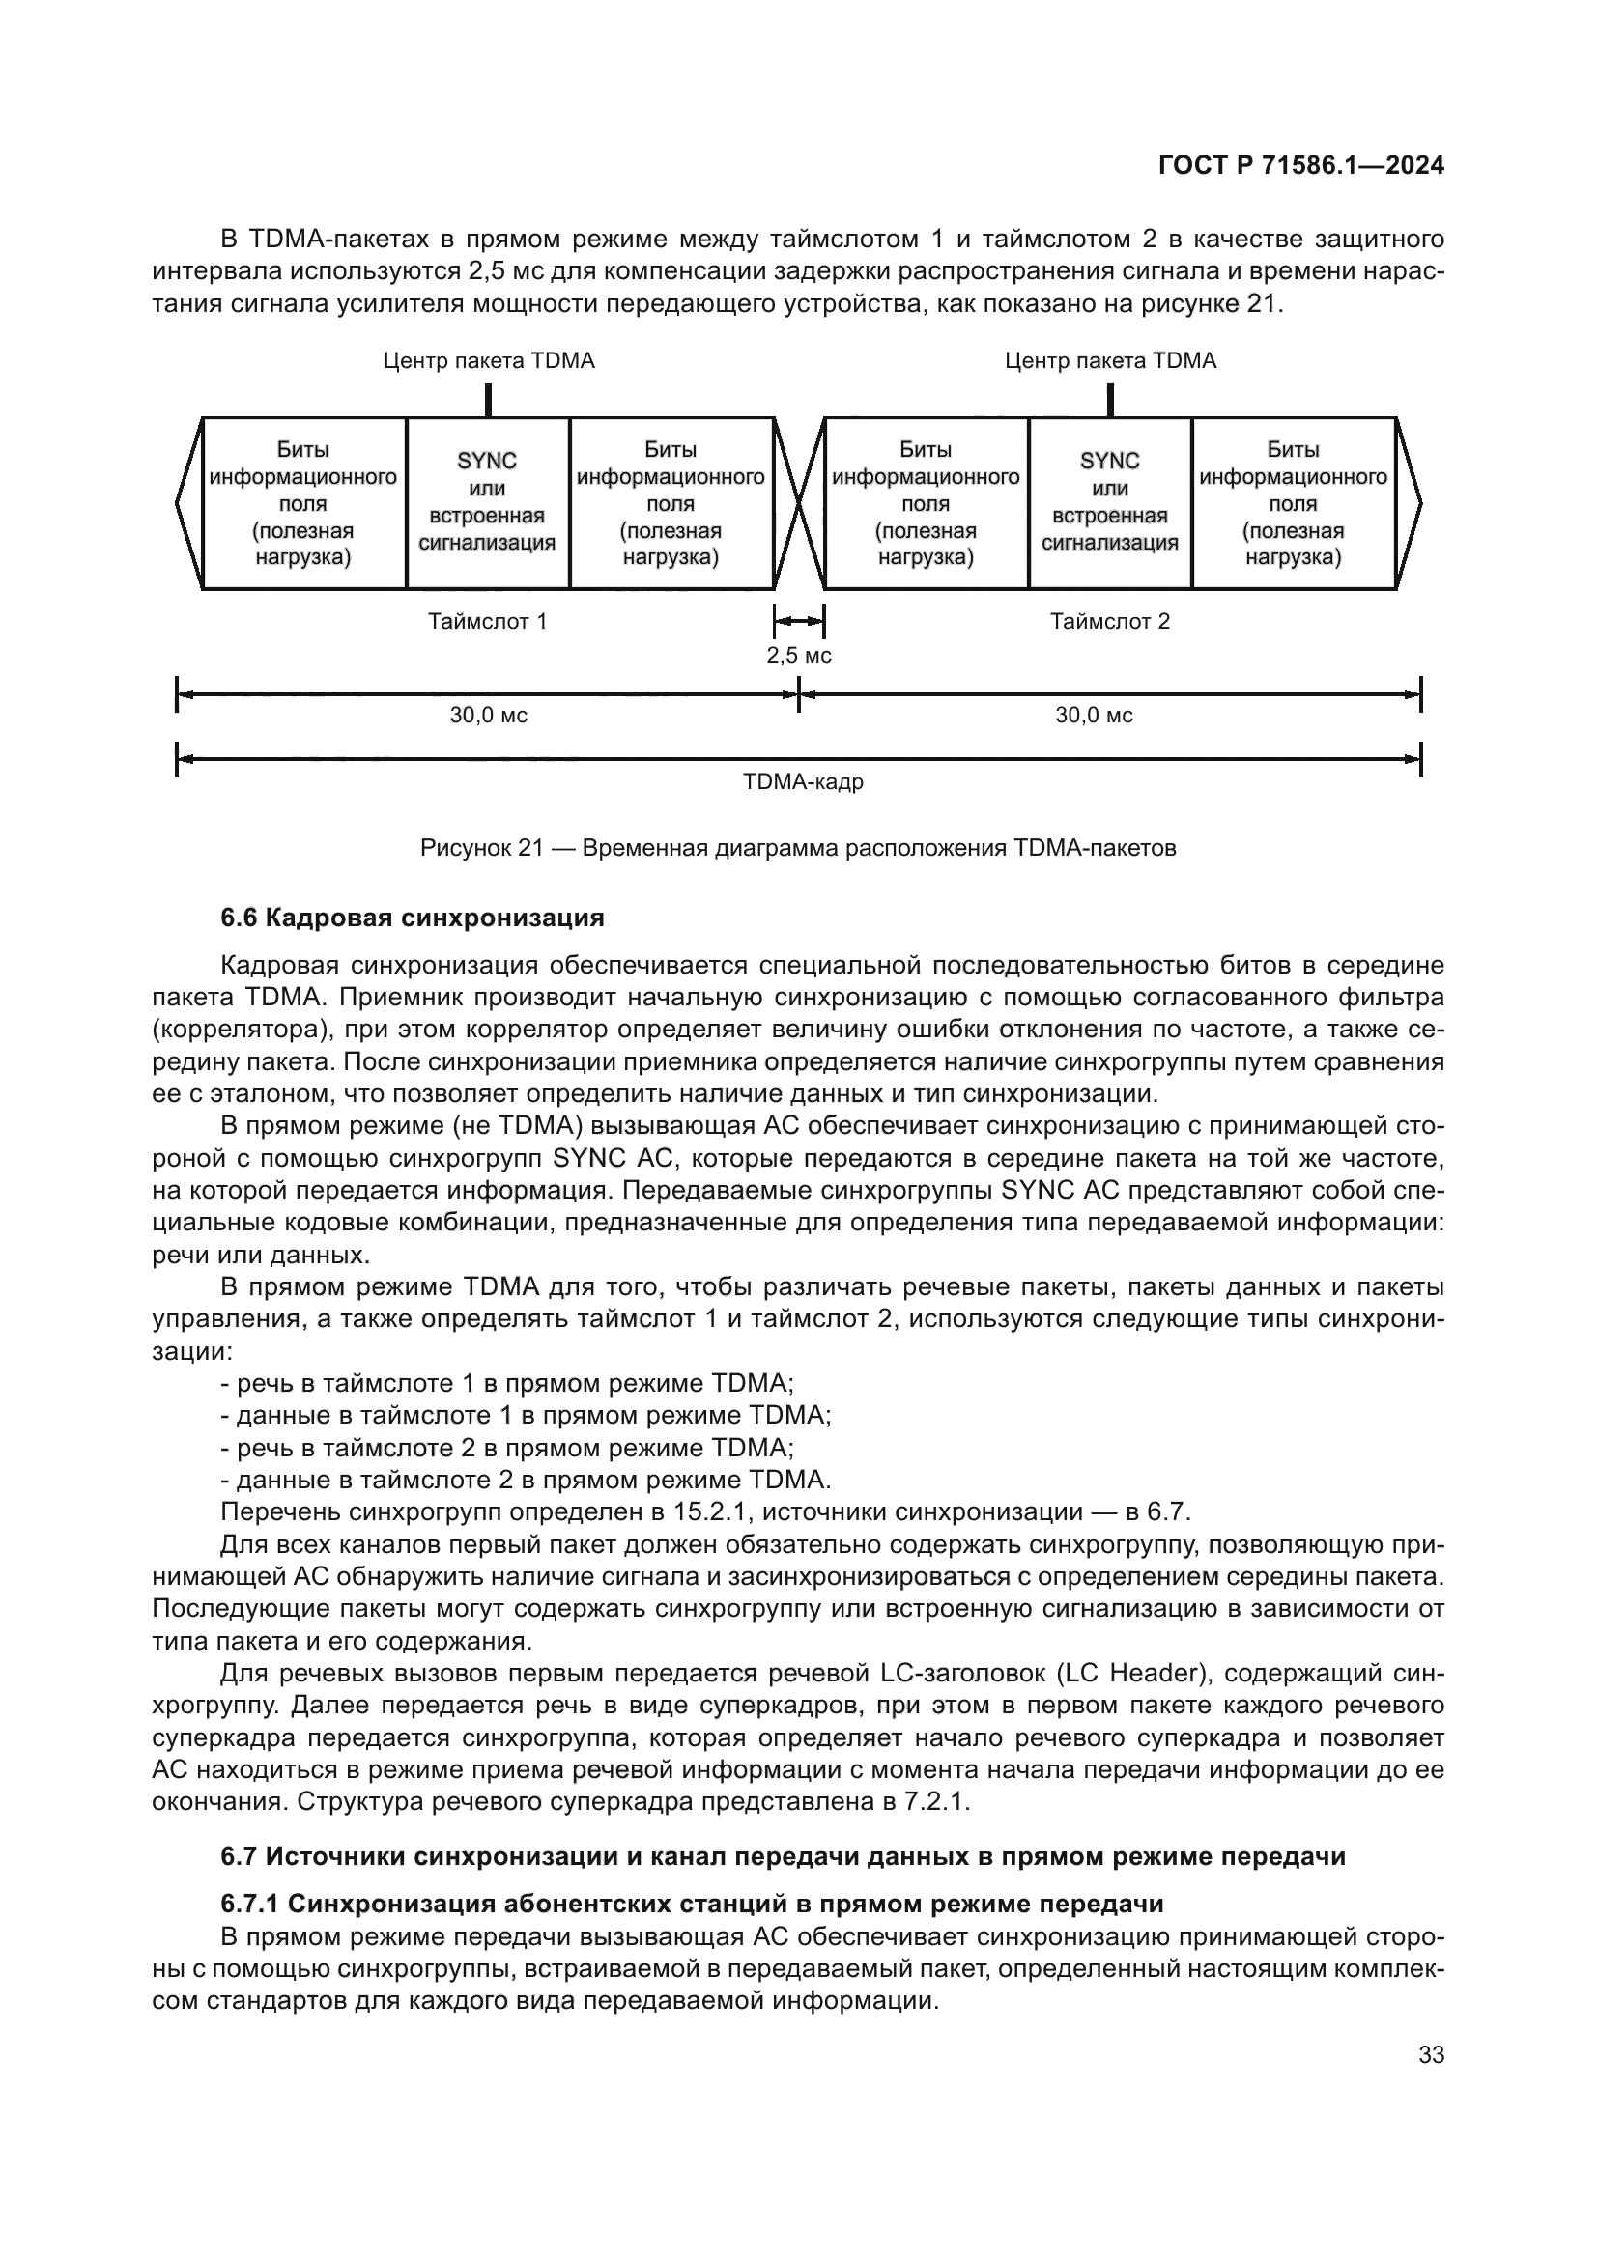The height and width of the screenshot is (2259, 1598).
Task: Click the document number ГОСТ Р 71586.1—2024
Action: pyautogui.click(x=1299, y=165)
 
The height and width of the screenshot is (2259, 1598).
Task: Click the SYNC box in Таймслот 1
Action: pyautogui.click(x=487, y=503)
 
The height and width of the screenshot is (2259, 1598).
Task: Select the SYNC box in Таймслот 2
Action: pyautogui.click(x=1109, y=503)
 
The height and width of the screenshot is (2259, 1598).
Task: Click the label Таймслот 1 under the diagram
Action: pyautogui.click(x=487, y=622)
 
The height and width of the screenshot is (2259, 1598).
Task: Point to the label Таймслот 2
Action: pyautogui.click(x=1109, y=622)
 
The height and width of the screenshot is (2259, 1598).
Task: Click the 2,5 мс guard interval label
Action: pyautogui.click(x=799, y=655)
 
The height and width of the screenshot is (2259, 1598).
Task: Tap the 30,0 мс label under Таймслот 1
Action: pyautogui.click(x=488, y=717)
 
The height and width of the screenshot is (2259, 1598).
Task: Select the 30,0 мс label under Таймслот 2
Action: pyautogui.click(x=1094, y=717)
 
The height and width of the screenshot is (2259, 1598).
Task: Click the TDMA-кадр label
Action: pyautogui.click(x=803, y=783)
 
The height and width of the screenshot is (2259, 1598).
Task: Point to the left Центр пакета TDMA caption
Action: pyautogui.click(x=488, y=361)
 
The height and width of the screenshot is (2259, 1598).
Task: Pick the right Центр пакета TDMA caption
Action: pyautogui.click(x=1110, y=361)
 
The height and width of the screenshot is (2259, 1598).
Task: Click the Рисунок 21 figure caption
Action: pyautogui.click(x=798, y=848)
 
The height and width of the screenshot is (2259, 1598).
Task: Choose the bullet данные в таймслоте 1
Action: pyautogui.click(x=526, y=1416)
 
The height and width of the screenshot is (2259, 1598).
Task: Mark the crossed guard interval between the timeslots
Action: pyautogui.click(x=799, y=503)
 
